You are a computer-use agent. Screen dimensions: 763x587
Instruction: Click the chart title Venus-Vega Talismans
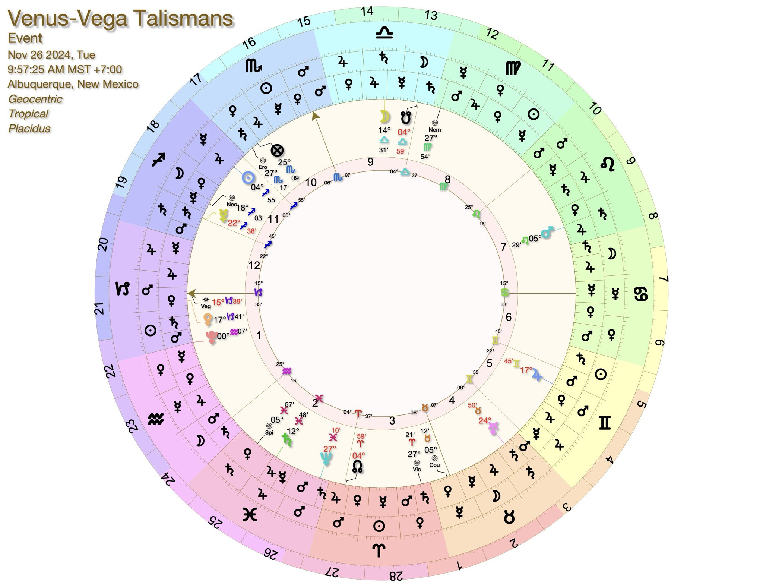(121, 18)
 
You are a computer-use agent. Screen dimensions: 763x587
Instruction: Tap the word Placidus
(29, 129)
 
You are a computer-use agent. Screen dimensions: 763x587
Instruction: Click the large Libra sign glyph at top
(384, 34)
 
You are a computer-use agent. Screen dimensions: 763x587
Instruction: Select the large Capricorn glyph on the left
(124, 289)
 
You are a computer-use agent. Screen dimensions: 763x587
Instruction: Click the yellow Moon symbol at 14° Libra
(384, 117)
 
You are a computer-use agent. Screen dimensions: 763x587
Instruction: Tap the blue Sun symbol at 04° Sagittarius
(247, 178)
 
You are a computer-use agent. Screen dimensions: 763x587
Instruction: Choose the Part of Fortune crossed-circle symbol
(277, 151)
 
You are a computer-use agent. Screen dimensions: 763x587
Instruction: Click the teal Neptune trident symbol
(326, 458)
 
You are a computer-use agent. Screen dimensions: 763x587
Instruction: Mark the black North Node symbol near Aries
(357, 467)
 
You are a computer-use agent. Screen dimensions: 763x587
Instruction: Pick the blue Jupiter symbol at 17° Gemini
(536, 374)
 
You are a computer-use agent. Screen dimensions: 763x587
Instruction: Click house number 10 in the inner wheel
(311, 182)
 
